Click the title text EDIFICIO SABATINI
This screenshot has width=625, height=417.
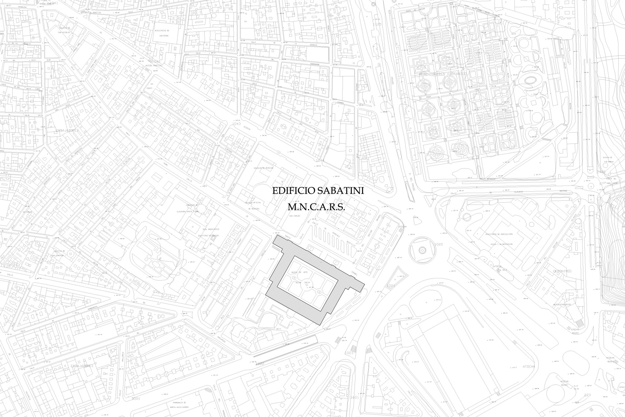318,191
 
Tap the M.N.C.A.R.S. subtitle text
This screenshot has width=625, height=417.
316,207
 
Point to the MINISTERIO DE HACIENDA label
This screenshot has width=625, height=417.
162,33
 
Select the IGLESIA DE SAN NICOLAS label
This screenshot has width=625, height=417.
64,30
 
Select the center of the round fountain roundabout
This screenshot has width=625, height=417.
422,250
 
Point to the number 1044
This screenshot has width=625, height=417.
320,160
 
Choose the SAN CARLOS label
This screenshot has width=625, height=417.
295,216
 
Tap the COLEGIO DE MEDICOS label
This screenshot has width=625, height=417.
263,168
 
